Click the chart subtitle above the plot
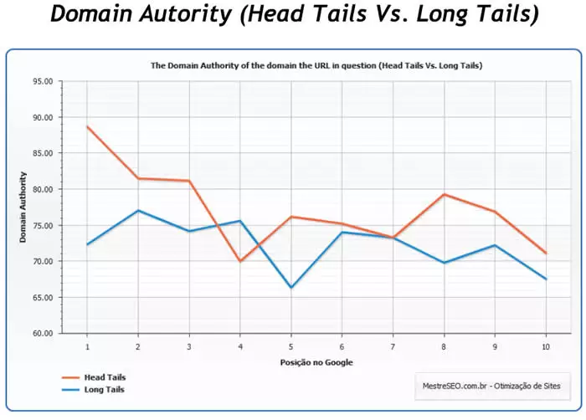pos(316,64)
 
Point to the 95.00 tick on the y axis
pos(42,82)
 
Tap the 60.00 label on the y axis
pos(42,333)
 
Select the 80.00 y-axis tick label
pos(42,190)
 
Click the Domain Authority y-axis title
pos(23,207)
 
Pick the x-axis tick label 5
pos(290,346)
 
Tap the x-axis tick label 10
pos(545,346)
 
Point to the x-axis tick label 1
pos(87,346)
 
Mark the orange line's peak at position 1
pos(87,126)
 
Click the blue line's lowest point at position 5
pos(290,288)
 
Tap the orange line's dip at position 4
pos(240,261)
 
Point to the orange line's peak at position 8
pos(444,194)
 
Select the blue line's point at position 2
pos(138,210)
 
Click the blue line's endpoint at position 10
pos(545,279)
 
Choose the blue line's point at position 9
pos(495,245)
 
